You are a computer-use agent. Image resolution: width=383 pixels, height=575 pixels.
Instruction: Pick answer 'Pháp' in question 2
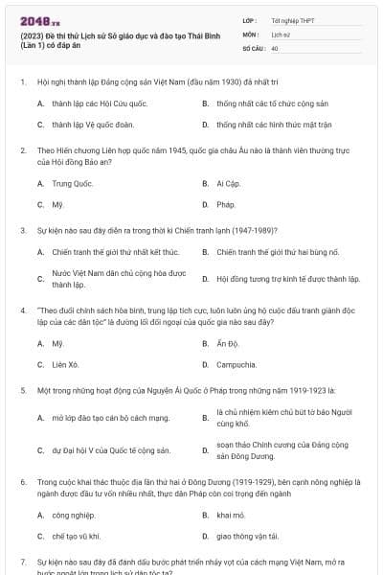[225, 204]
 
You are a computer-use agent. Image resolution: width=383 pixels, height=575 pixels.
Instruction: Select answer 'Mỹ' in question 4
[57, 342]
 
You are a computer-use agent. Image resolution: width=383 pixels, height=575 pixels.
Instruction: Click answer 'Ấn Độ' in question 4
[227, 342]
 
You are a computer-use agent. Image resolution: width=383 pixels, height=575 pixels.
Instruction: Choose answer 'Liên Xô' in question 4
[66, 364]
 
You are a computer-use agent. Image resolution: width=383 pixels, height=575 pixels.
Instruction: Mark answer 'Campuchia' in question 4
[237, 364]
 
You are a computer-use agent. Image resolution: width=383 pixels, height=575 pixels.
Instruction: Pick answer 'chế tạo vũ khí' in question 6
[78, 536]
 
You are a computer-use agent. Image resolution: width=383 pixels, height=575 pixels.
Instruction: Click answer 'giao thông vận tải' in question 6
[248, 536]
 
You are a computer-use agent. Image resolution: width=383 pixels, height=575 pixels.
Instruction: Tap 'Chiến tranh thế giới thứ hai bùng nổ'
[279, 252]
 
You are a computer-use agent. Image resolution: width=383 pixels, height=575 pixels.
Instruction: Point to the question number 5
[23, 390]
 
